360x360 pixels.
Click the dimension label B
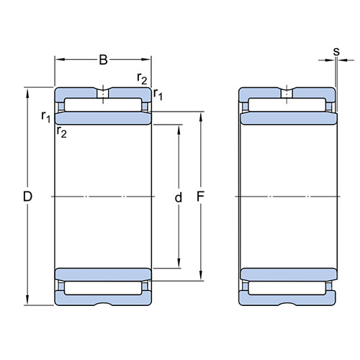103,60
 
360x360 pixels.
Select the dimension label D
27,197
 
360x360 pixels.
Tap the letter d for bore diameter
179,198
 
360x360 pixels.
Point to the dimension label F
200,197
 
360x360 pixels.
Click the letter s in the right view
336,52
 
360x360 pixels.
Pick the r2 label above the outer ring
142,78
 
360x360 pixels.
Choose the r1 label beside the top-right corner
158,94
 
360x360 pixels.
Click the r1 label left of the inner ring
46,117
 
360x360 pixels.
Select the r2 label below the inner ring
62,132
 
